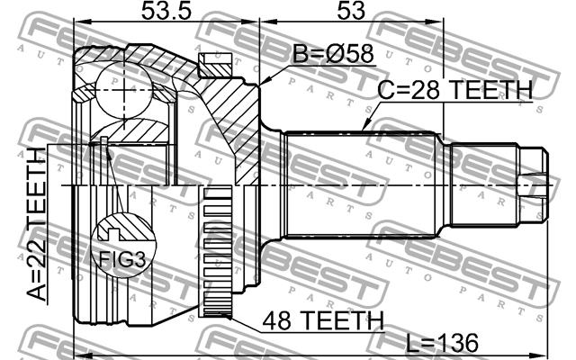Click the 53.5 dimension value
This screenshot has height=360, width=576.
pos(166,10)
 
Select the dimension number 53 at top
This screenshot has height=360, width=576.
pos(351,10)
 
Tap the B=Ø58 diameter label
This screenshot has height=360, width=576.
pos(333,54)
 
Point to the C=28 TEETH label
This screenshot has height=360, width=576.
pos(455,90)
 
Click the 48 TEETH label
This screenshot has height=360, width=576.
pos(323,320)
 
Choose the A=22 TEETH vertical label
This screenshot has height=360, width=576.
pos(37,224)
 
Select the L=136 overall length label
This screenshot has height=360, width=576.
pos(443,343)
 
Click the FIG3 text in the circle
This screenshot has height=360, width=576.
pos(122,259)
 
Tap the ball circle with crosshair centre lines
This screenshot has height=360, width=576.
pos(124,89)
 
